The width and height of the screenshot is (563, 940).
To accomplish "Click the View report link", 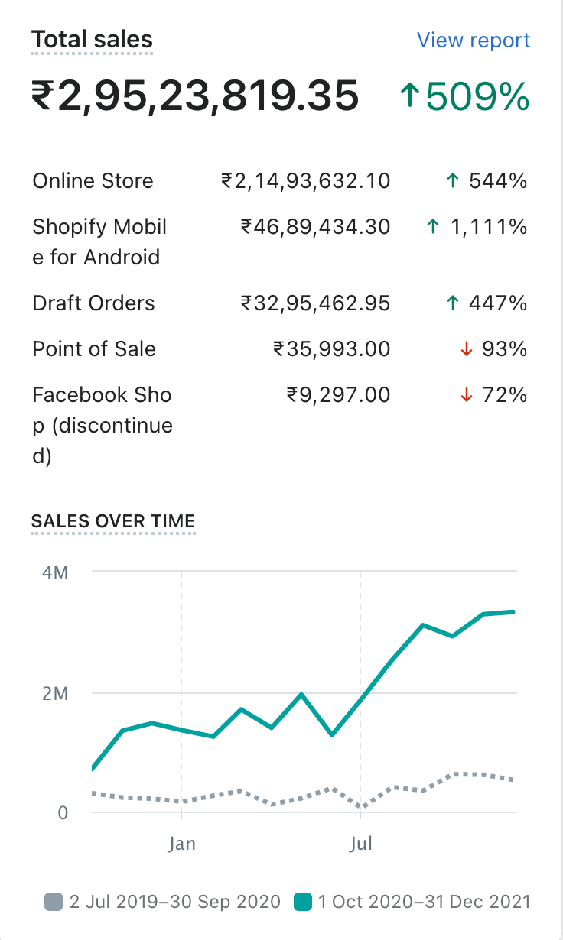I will [x=473, y=40].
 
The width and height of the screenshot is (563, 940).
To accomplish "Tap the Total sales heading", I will [x=92, y=40].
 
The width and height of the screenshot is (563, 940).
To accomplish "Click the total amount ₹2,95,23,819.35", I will [x=195, y=97].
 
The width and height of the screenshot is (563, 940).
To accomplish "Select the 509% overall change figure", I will [x=465, y=97].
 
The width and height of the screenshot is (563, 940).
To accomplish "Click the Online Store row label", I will [x=93, y=181].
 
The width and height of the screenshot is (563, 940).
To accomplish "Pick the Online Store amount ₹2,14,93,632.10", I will [x=305, y=181].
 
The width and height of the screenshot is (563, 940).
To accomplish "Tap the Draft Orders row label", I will [x=93, y=303].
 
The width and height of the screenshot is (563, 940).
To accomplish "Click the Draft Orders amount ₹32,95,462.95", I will [x=315, y=303].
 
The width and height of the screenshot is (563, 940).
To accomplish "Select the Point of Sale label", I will [x=94, y=349].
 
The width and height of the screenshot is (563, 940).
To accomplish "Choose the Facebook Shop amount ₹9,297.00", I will [x=337, y=395].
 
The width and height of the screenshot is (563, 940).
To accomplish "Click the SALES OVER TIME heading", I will [x=113, y=521].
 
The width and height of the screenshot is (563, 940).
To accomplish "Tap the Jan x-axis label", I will [x=182, y=844].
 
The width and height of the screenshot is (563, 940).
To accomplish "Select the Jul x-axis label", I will [x=360, y=844].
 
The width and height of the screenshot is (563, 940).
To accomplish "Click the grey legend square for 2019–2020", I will [x=54, y=902].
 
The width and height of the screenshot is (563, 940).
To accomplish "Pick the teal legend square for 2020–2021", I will [x=303, y=902].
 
